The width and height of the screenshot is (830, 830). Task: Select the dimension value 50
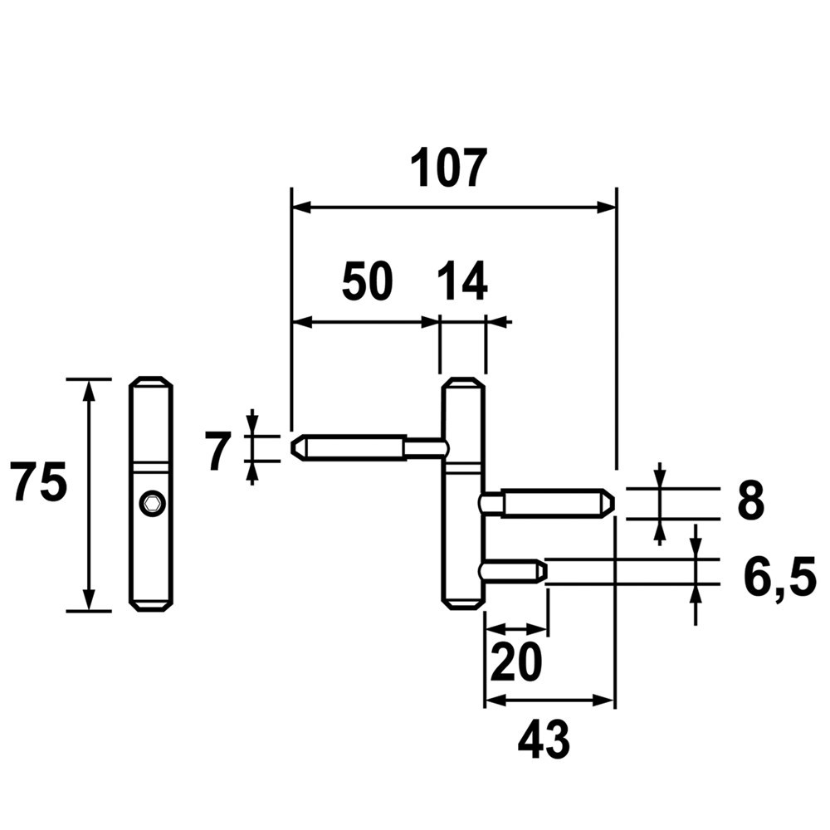(x=367, y=283)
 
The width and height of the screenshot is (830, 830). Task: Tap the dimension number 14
(x=461, y=283)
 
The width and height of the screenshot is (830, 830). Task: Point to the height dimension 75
(x=39, y=483)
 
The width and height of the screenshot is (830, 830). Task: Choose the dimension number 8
(x=750, y=502)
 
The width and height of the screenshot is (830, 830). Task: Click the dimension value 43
(x=544, y=740)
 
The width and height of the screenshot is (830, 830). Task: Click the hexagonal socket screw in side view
(x=151, y=503)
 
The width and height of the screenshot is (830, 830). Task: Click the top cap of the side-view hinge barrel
(x=151, y=383)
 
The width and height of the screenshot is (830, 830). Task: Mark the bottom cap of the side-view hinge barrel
(x=151, y=605)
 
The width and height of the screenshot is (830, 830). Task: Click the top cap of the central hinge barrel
(x=462, y=383)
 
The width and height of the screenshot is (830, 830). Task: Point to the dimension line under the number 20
(x=515, y=628)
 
